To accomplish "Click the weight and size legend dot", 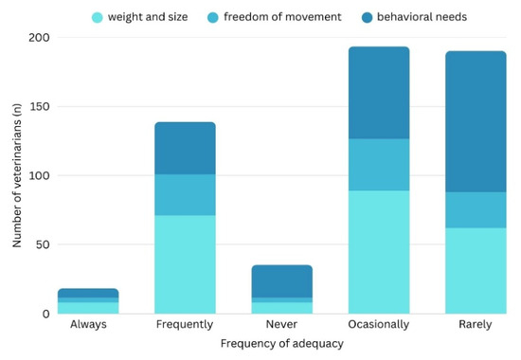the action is point(98,17).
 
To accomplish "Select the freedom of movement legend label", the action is point(282,17).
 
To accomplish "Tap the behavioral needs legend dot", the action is point(368,17).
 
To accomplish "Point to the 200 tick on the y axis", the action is point(39,37).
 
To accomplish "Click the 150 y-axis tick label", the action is point(40,106).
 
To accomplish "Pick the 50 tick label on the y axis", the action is point(43,244).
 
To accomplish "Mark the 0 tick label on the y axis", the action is point(46,314).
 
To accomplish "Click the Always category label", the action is point(88,324).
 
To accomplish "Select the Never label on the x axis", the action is point(281,324).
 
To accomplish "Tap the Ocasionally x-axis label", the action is point(379,324).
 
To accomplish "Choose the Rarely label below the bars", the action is point(476,324).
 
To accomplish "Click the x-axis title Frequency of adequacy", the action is point(282,343).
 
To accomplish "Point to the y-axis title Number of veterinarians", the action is point(17,175).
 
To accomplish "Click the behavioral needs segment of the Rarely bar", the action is point(476,121).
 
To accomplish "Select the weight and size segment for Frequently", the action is point(185,264).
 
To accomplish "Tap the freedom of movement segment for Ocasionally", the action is point(379,165).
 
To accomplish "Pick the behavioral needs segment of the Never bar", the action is point(282,281).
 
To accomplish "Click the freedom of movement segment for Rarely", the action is point(476,210).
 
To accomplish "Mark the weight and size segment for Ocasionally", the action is point(379,252).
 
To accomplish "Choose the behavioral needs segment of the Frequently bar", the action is point(185,148).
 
